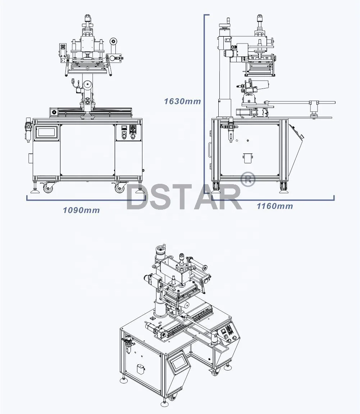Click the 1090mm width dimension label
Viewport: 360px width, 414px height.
click(x=81, y=210)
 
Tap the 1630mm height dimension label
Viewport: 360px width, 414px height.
click(x=182, y=101)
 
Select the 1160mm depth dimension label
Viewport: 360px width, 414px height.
click(x=274, y=206)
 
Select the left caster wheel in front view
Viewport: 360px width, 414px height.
click(x=47, y=188)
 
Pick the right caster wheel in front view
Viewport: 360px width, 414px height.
click(x=119, y=188)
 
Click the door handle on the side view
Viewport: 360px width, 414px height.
click(x=209, y=150)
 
